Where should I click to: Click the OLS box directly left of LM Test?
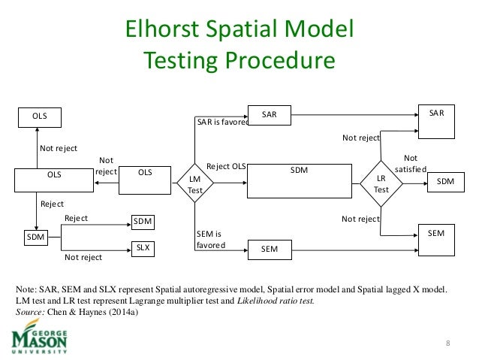coord(144,173)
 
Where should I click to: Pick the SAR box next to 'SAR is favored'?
coord(270,115)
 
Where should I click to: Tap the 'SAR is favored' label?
coord(222,122)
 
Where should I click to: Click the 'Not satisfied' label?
coord(411,165)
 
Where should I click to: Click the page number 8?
coord(448,344)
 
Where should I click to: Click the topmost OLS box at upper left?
coord(39,116)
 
